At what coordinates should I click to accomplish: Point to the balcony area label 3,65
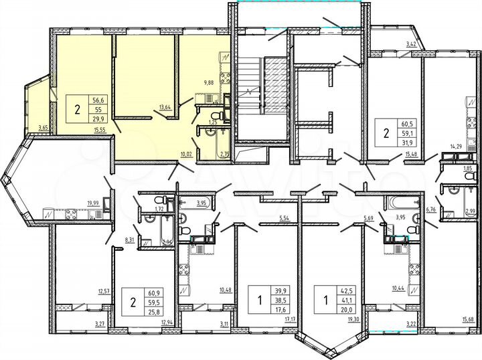[x=44, y=127]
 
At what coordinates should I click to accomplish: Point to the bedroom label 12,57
[x=104, y=290]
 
